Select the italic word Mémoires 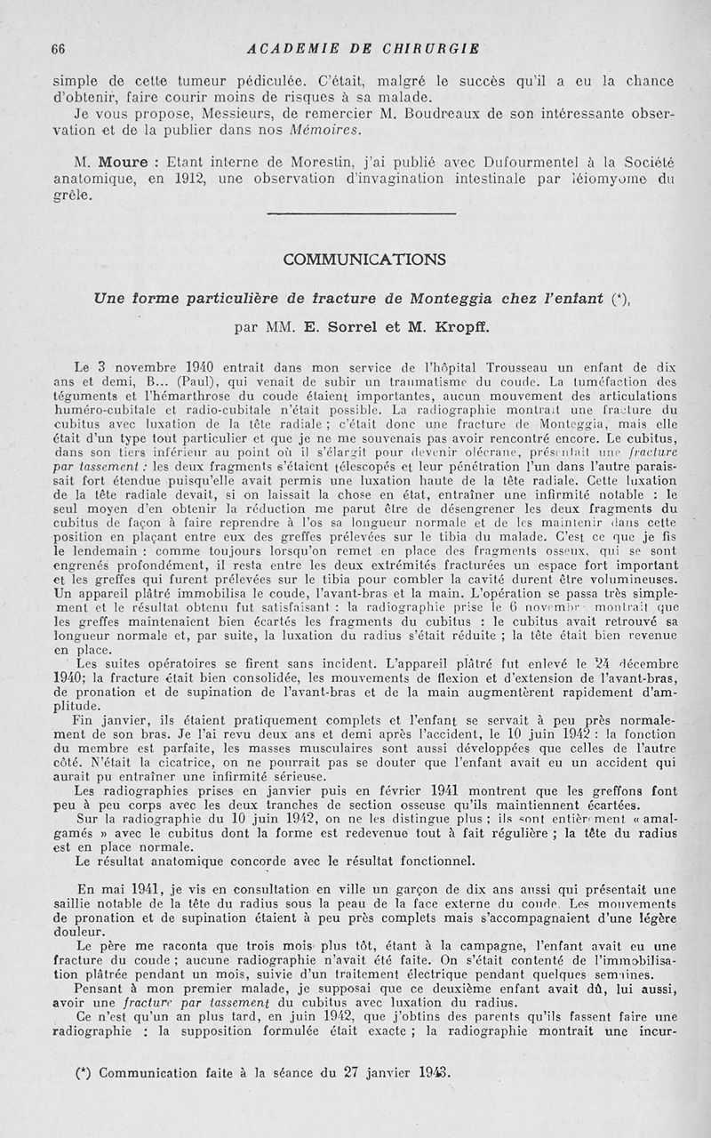coord(327,130)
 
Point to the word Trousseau coord(480,366)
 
